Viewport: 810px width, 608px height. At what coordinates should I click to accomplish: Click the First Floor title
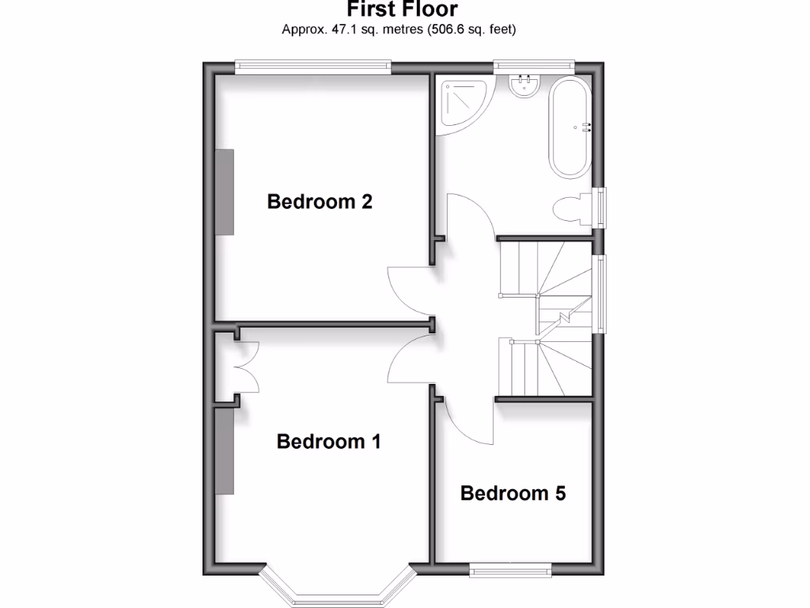pyautogui.click(x=402, y=9)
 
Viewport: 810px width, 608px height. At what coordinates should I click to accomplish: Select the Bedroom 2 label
pyautogui.click(x=320, y=201)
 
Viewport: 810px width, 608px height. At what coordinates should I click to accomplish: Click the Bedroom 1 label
pyautogui.click(x=328, y=441)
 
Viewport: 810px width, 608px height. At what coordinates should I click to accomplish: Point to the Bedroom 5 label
pyautogui.click(x=513, y=493)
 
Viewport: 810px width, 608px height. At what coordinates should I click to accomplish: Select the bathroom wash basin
pyautogui.click(x=523, y=85)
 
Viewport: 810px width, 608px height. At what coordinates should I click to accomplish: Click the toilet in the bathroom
pyautogui.click(x=571, y=211)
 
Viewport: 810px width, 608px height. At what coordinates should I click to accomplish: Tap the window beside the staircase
pyautogui.click(x=602, y=294)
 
